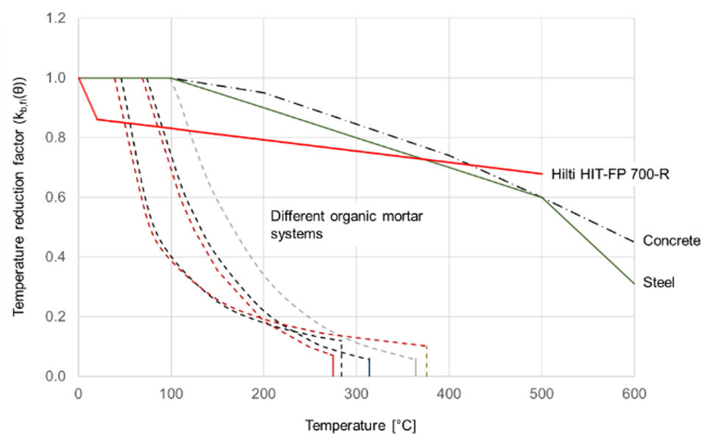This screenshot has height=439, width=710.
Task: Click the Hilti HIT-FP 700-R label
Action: [610, 174]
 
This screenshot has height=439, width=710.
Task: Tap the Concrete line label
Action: [672, 241]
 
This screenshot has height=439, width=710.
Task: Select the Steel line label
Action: [659, 282]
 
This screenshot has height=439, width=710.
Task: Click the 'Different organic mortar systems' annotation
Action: [346, 225]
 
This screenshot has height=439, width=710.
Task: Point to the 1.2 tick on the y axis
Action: [55, 18]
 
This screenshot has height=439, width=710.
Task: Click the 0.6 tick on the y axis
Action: [55, 197]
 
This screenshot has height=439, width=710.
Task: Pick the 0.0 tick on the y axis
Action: [55, 376]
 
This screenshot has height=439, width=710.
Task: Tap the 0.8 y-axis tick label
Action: [55, 138]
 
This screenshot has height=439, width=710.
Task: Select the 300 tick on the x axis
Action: [356, 393]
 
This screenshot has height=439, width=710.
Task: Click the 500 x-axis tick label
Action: [541, 393]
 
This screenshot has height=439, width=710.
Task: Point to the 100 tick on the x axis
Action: [171, 393]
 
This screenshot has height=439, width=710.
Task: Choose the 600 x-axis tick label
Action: [634, 393]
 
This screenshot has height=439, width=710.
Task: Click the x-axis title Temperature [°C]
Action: [360, 426]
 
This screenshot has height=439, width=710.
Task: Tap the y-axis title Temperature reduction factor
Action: [19, 197]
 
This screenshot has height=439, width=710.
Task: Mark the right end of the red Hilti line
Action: [541, 174]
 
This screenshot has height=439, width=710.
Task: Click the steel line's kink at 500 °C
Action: [541, 197]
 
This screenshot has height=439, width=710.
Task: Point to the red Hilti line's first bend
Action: [97, 119]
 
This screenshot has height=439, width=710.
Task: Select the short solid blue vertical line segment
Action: [369, 367]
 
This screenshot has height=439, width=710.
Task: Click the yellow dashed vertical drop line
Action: [426, 361]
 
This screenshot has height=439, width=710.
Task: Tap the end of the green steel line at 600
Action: [634, 284]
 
